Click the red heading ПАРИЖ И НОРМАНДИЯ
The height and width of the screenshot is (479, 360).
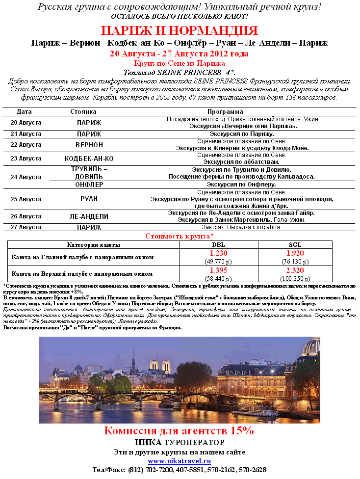pos(180,29)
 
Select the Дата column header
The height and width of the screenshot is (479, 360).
pos(24,112)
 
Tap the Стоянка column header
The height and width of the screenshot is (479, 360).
pos(83,112)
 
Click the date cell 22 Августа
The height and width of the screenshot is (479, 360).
pos(26,145)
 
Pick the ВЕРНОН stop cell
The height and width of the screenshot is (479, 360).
pos(89,145)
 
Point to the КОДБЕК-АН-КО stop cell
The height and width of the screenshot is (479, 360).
pos(89,159)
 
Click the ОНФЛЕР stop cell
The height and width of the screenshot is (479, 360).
pos(89,185)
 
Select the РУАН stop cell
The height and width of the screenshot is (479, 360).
pos(89,199)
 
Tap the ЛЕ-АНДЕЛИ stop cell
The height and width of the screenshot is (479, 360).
pos(89,216)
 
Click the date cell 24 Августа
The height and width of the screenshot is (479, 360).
pos(26,177)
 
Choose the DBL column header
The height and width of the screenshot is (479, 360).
pos(218,244)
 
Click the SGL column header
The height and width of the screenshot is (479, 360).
pos(295,244)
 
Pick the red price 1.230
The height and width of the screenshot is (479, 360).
pos(218,253)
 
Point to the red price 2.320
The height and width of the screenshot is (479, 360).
pos(295,270)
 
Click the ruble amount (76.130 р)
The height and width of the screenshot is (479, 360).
pos(295,261)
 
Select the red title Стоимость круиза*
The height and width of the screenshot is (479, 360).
pos(179,236)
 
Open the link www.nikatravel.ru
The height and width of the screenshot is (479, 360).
pos(180,461)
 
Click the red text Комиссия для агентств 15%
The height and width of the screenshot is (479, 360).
pos(179,431)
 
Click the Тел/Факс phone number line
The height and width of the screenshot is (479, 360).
pos(180,470)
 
